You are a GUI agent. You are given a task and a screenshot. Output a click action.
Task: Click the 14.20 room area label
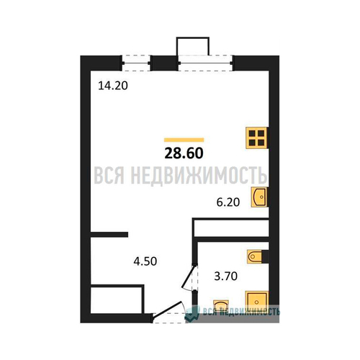click(113, 86)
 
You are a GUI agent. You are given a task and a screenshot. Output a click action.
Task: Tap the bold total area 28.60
click(184, 153)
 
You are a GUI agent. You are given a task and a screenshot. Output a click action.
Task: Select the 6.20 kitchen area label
click(228, 202)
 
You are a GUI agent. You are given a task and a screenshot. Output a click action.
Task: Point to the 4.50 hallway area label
click(145, 261)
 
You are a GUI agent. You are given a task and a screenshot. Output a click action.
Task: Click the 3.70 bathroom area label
click(225, 276)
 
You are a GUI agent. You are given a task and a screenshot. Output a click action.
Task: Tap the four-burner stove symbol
click(256, 138)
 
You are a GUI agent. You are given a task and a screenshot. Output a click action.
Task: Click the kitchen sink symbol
click(258, 197)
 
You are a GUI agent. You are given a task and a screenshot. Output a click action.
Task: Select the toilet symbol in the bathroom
click(255, 256)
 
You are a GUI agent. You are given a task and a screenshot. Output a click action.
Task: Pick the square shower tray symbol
click(256, 302)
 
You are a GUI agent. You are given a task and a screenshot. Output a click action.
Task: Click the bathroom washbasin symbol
click(221, 305)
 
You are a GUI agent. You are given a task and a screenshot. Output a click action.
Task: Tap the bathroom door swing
click(189, 276)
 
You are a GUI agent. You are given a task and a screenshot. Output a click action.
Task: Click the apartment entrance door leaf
click(167, 309)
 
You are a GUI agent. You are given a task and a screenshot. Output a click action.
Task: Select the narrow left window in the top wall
click(136, 63)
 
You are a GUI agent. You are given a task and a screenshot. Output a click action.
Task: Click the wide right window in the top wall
click(205, 63)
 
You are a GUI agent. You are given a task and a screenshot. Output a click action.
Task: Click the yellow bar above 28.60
click(184, 140)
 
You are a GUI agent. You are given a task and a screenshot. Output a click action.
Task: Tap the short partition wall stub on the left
click(109, 235)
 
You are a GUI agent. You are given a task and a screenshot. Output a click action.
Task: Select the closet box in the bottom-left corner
click(117, 299)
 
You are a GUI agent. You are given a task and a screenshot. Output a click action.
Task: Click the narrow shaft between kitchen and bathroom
click(231, 228)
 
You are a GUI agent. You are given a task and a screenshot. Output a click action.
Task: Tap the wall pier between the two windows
click(164, 63)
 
